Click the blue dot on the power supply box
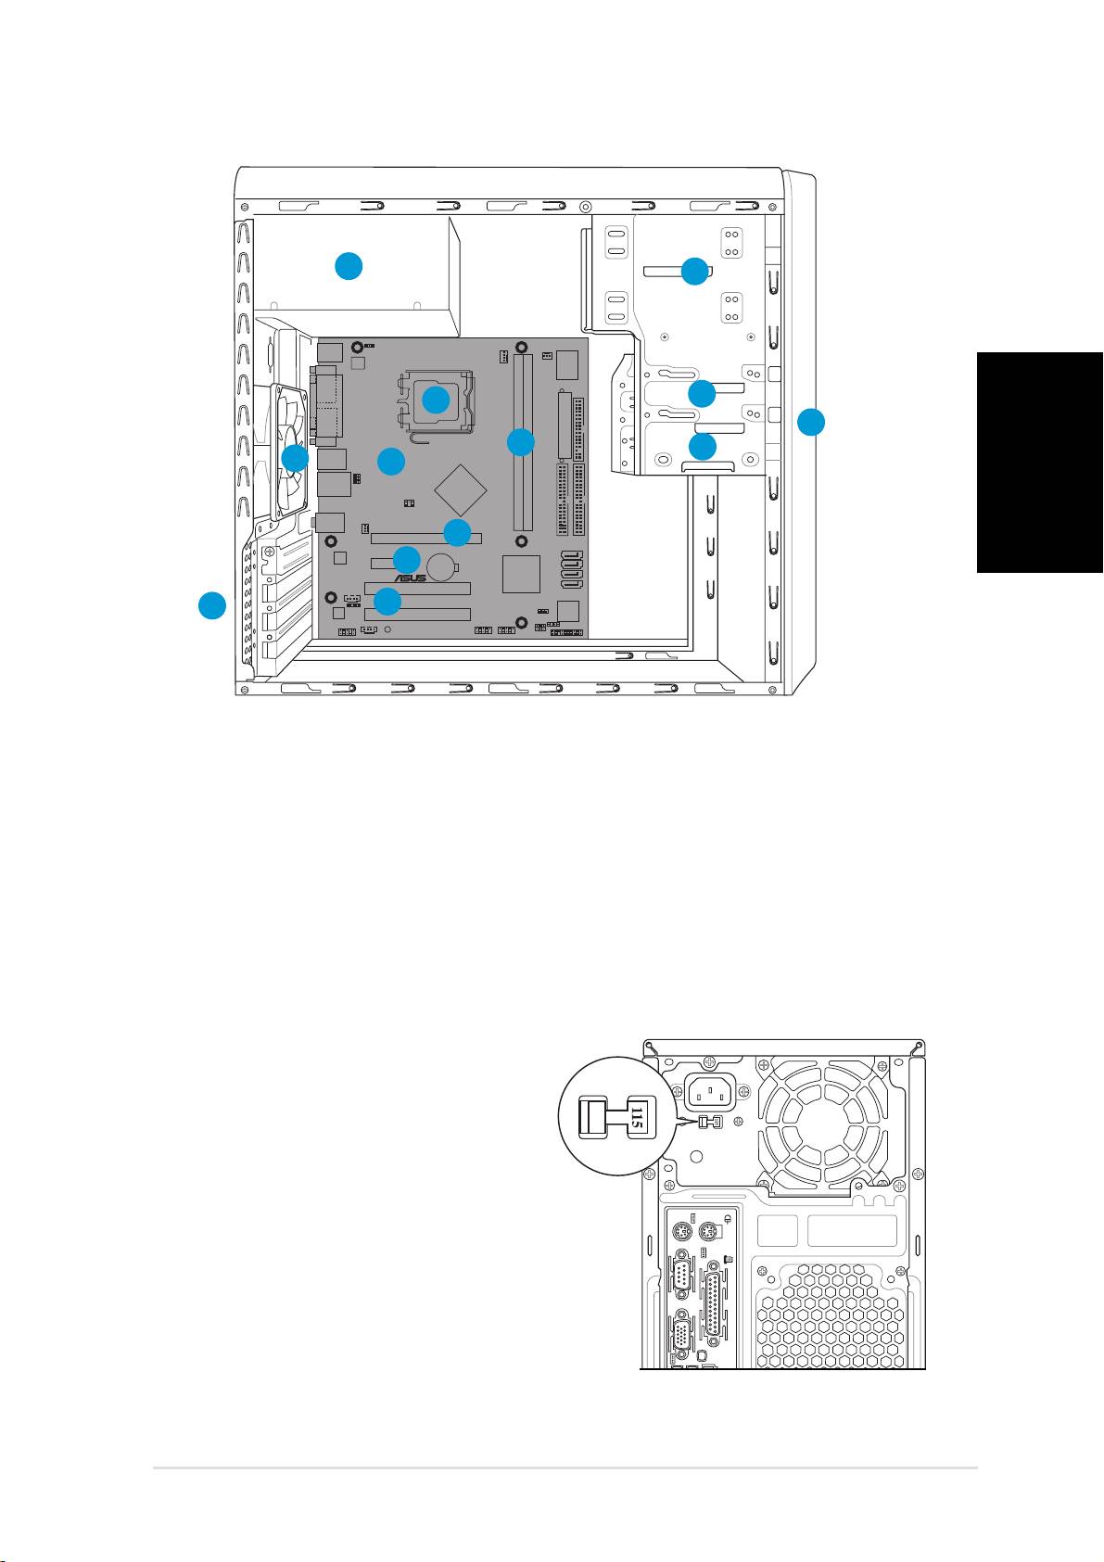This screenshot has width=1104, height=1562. [x=349, y=266]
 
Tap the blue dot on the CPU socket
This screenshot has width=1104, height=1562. [x=436, y=400]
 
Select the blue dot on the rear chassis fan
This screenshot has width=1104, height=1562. [x=294, y=458]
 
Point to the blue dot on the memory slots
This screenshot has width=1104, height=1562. [x=520, y=442]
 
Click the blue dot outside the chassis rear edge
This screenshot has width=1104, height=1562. [x=212, y=604]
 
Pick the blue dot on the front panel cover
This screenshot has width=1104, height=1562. [x=810, y=422]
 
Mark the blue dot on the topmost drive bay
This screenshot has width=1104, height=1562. [x=694, y=271]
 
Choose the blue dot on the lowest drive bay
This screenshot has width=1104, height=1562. [x=703, y=446]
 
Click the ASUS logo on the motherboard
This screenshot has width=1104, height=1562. [x=410, y=578]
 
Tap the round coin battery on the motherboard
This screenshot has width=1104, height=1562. [x=440, y=567]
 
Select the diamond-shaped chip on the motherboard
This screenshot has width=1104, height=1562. [x=461, y=489]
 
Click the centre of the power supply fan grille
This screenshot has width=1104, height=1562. [x=825, y=1124]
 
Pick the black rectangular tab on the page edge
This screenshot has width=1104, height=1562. [x=1040, y=463]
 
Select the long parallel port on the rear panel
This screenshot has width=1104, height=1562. [x=713, y=1303]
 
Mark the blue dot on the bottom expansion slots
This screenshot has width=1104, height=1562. [x=387, y=601]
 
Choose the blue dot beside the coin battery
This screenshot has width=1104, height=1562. [x=407, y=559]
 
